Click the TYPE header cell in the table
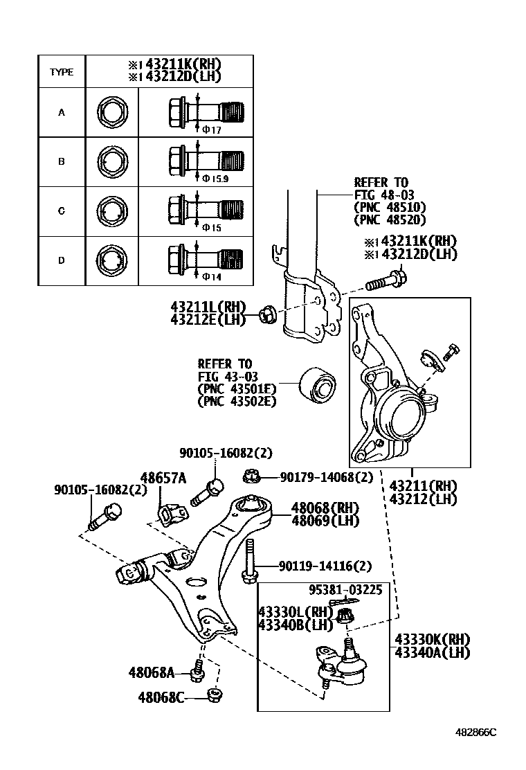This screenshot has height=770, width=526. pyautogui.click(x=61, y=72)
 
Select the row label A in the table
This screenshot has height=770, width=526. pyautogui.click(x=61, y=112)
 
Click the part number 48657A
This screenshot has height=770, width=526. pyautogui.click(x=163, y=478)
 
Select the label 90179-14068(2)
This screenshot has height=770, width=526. pyautogui.click(x=326, y=477)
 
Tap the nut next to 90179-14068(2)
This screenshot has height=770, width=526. pyautogui.click(x=251, y=476)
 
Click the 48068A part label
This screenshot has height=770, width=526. pyautogui.click(x=151, y=672)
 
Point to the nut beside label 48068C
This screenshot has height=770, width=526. pyautogui.click(x=215, y=695)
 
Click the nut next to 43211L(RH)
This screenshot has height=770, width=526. pyautogui.click(x=266, y=315)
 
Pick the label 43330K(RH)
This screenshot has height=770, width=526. pyautogui.click(x=432, y=639)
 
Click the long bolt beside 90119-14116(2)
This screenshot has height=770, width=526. pyautogui.click(x=251, y=561)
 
